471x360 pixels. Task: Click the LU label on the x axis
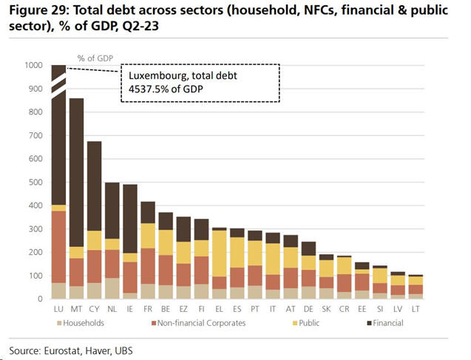(x=58, y=310)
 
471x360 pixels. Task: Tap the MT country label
(x=75, y=310)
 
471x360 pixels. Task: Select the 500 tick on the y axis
(x=35, y=183)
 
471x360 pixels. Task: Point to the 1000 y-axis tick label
(x=33, y=66)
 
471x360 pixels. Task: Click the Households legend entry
(x=82, y=324)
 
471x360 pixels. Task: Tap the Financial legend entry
(x=387, y=324)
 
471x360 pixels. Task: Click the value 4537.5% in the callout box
(x=151, y=89)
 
